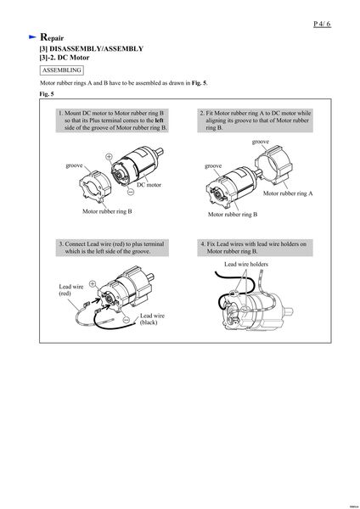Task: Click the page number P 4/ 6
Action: [x=322, y=24]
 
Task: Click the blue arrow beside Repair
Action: [x=32, y=37]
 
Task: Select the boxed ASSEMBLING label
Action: [x=62, y=70]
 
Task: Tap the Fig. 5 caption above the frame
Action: [x=47, y=94]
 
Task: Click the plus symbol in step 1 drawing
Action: [x=110, y=156]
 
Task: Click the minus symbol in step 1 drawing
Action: [x=131, y=192]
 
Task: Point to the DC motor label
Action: [x=149, y=185]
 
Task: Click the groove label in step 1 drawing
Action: [x=74, y=165]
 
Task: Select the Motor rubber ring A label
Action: [x=288, y=193]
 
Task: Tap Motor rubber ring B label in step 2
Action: [x=233, y=215]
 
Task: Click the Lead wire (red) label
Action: [x=70, y=290]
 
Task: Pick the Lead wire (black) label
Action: [x=152, y=319]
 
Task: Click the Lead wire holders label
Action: [x=246, y=264]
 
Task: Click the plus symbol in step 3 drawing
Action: [x=93, y=283]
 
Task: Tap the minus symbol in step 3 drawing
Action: [x=127, y=320]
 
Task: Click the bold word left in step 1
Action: [x=160, y=120]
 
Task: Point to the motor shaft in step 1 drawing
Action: [x=160, y=152]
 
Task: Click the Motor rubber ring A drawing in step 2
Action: [x=274, y=165]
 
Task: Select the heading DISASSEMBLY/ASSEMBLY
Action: [x=96, y=48]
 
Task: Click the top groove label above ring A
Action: [x=261, y=142]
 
